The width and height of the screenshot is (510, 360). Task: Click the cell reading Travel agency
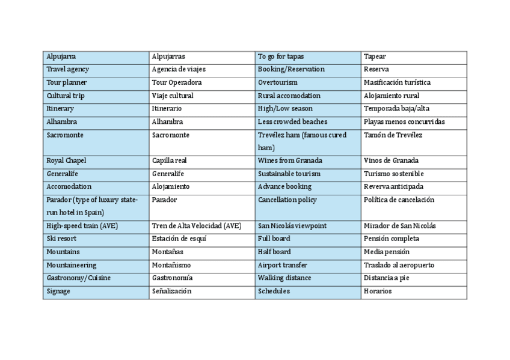tap(68, 70)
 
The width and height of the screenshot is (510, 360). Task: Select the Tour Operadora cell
tap(177, 82)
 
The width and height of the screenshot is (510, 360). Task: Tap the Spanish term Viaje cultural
tap(173, 96)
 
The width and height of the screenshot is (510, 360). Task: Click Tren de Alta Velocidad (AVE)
tap(197, 226)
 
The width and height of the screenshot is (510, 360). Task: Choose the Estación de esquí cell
tap(179, 239)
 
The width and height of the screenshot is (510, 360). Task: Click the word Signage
tap(58, 291)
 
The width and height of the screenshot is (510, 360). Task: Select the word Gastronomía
tap(173, 278)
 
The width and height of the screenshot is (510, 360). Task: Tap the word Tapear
tap(375, 56)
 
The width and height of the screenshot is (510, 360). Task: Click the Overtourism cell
tap(278, 82)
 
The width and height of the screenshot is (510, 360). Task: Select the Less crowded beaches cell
tap(293, 122)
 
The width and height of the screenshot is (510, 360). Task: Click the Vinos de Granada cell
tap(392, 160)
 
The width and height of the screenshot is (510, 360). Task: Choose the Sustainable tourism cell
tap(289, 174)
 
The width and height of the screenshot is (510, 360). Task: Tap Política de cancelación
tap(399, 200)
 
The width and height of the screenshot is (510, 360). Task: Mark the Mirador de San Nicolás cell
tap(400, 226)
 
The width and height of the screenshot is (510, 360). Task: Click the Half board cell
tap(274, 252)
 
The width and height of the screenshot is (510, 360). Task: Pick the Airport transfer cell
tap(283, 265)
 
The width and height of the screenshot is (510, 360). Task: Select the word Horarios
tap(378, 291)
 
